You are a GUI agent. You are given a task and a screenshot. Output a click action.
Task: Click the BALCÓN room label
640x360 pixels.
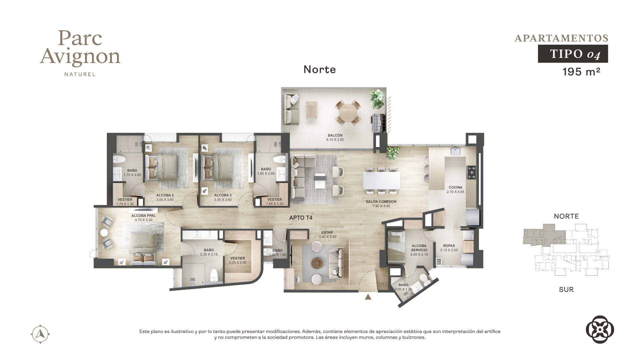click(x=335, y=136)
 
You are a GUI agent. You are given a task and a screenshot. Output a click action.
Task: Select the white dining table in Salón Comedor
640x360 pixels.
click(x=381, y=180)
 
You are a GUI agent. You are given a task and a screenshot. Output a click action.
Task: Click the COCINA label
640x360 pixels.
click(x=455, y=187)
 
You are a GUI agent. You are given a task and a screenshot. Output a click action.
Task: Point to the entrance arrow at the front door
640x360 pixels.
click(x=368, y=297)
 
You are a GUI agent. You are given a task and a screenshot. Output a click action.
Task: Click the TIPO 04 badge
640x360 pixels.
click(x=573, y=54)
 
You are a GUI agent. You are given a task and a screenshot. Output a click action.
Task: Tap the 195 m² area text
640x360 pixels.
click(x=581, y=72)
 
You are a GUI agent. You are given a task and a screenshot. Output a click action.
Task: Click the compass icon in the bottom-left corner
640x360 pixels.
click(x=40, y=334)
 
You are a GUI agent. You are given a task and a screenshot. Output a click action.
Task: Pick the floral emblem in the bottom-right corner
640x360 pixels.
click(x=600, y=329)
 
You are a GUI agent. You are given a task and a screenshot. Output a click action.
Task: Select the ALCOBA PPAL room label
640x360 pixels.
click(x=143, y=216)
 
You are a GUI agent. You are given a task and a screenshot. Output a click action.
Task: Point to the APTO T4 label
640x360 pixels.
click(x=301, y=218)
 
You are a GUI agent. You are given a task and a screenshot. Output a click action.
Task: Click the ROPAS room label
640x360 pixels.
click(x=449, y=246)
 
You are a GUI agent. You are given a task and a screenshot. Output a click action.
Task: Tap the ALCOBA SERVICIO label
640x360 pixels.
click(x=419, y=248)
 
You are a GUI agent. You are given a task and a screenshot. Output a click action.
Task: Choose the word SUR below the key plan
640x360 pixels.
click(x=566, y=290)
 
